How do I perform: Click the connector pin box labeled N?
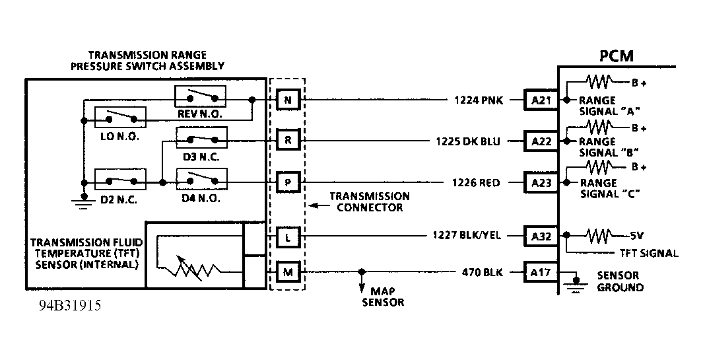pos(288,100)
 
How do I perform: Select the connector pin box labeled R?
pos(288,141)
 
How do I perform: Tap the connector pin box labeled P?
pos(288,182)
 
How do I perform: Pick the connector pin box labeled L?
pos(288,235)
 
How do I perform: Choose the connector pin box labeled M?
pos(288,271)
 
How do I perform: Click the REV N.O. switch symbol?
pos(199,97)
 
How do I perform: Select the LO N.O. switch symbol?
pos(120,117)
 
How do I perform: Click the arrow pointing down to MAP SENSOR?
pos(361,284)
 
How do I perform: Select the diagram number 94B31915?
pos(69,307)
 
